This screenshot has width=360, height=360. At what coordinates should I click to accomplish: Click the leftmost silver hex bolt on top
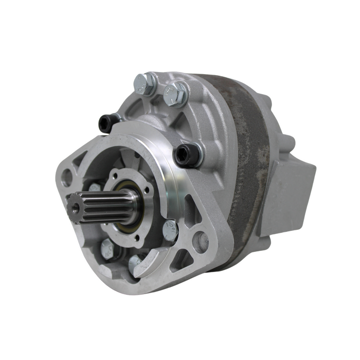pyautogui.click(x=145, y=84)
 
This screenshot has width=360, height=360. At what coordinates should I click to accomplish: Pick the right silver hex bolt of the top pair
pyautogui.click(x=175, y=94)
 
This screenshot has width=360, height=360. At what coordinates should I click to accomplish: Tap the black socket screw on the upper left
pyautogui.click(x=109, y=122)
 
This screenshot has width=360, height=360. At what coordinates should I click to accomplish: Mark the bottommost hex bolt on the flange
pyautogui.click(x=136, y=265)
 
